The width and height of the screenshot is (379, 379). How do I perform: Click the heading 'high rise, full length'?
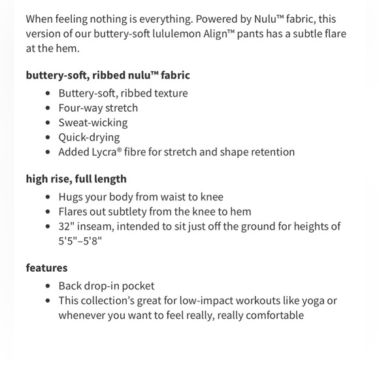(x=76, y=178)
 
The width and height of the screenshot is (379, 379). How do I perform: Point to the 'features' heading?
(x=46, y=267)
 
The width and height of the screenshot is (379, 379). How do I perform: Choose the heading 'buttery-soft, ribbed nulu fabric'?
(x=108, y=75)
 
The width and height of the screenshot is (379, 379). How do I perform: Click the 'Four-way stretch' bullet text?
(x=98, y=108)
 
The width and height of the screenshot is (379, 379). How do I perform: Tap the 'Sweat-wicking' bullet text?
(x=93, y=122)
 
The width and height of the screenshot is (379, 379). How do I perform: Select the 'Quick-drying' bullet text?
(x=89, y=137)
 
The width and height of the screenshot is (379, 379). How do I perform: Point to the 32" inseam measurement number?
(x=65, y=226)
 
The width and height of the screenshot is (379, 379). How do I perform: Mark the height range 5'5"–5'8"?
(x=80, y=240)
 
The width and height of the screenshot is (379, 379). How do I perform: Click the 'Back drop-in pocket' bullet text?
(x=107, y=286)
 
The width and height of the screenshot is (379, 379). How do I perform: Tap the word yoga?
(x=312, y=301)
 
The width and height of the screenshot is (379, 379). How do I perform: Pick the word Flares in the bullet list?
(x=74, y=211)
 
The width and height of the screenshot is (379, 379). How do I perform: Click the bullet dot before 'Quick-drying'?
(x=48, y=137)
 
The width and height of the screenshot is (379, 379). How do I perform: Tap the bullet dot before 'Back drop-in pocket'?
(x=48, y=286)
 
